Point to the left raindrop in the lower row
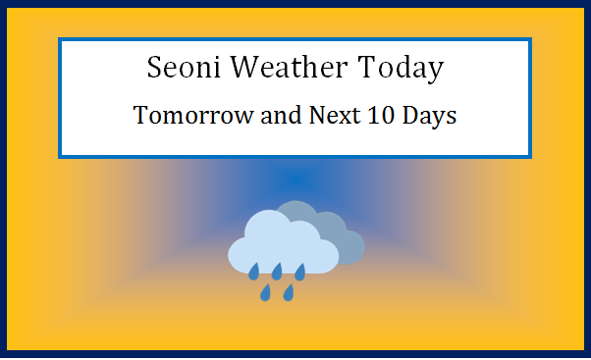[x=265, y=292]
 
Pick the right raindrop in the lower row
[x=289, y=292]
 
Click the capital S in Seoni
[x=155, y=69]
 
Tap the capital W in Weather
[x=247, y=69]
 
